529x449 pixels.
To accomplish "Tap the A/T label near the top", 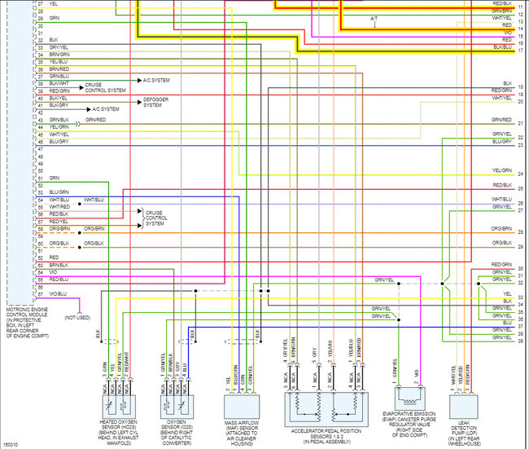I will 374,18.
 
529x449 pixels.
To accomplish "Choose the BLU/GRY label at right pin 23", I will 501,141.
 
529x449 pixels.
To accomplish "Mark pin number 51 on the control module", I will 40,178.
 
